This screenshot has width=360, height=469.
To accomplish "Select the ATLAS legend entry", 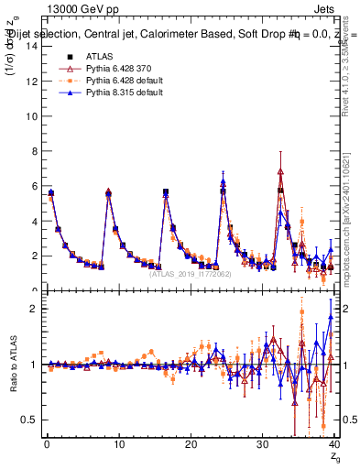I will tap(98, 57).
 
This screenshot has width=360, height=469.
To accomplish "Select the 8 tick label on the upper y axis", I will tap(35, 151).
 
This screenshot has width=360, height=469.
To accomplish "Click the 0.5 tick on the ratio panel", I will tap(30, 420).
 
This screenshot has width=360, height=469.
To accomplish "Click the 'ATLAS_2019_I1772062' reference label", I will tap(191, 273).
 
